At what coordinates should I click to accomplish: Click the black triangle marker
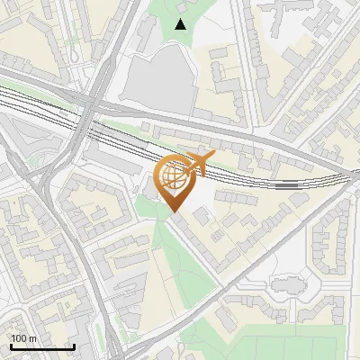(181, 24)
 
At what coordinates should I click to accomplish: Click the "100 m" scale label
(23, 338)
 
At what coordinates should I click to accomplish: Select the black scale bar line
(41, 346)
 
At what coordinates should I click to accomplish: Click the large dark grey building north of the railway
(157, 83)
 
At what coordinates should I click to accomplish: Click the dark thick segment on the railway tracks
(290, 184)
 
